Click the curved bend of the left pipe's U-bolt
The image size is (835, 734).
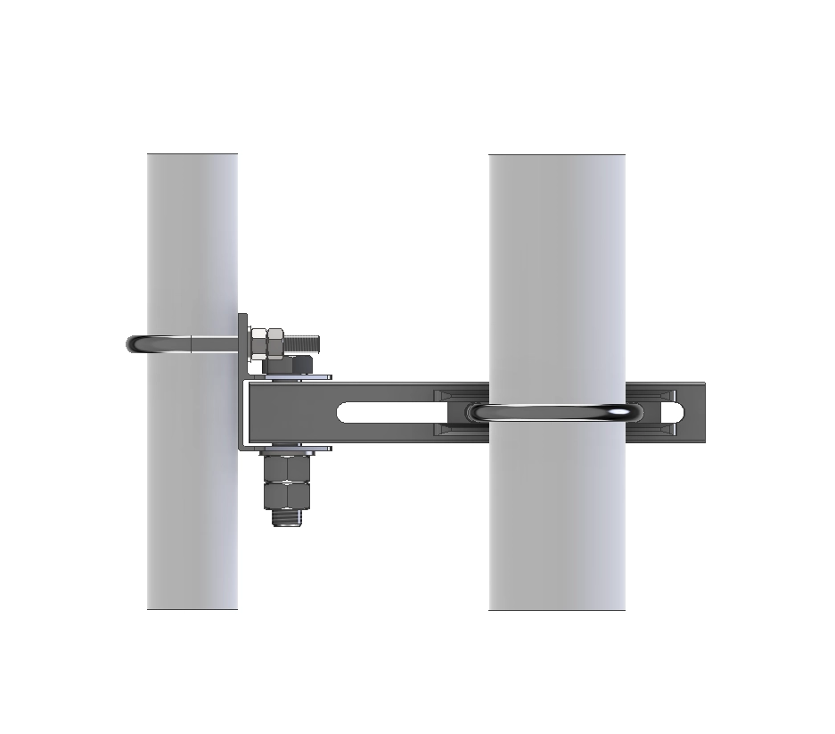pos(138,342)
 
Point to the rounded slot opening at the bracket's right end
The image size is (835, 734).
pos(672,412)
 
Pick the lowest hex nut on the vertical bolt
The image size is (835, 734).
pos(286,495)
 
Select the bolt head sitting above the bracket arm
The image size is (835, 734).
pos(291,364)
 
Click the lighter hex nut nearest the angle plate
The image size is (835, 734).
pos(259,341)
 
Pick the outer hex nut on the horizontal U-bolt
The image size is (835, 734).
pos(275,341)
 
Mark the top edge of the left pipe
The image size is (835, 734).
pos(192,156)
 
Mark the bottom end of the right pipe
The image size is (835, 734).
pos(556,607)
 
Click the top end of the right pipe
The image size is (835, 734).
pos(556,157)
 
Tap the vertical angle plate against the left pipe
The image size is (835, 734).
pos(243,383)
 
